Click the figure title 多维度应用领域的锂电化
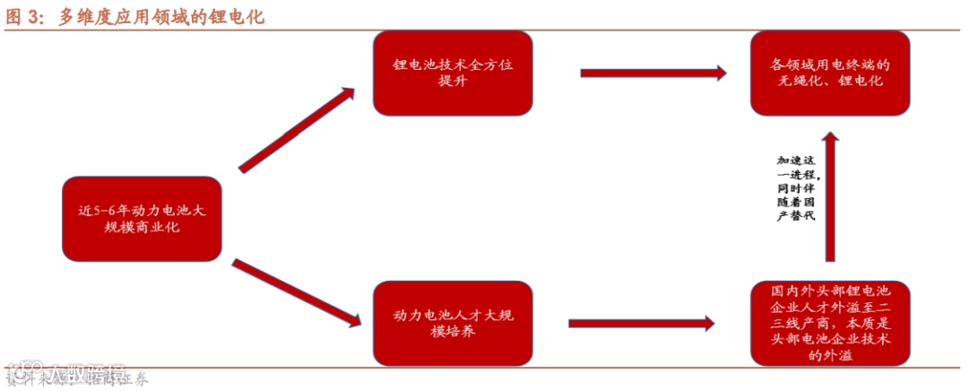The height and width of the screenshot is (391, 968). [x=161, y=16]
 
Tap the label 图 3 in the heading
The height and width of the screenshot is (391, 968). [x=24, y=16]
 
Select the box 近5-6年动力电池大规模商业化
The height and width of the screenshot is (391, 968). [x=142, y=219]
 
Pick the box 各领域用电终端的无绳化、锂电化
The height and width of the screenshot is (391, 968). [x=829, y=73]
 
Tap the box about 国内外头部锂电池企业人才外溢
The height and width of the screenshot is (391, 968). [x=829, y=324]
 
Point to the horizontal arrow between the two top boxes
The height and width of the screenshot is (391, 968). [x=653, y=74]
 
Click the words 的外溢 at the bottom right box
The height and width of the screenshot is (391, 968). [x=829, y=356]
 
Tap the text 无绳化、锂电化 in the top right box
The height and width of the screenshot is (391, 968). [x=829, y=82]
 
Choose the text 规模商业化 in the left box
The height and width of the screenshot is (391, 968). [x=142, y=228]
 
